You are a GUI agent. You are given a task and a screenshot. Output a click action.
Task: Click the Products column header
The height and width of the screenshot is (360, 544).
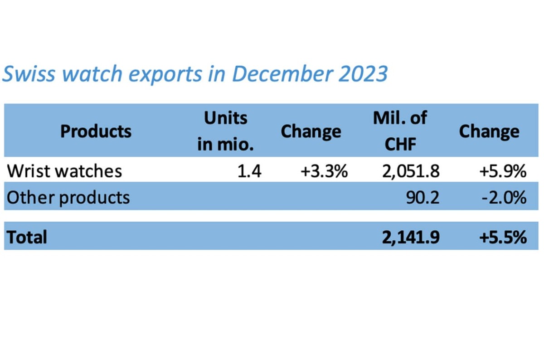(x=96, y=131)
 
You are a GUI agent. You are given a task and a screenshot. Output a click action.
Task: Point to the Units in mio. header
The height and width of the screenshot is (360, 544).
(x=225, y=131)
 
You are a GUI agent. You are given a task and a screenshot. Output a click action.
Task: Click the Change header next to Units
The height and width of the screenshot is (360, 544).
(x=311, y=131)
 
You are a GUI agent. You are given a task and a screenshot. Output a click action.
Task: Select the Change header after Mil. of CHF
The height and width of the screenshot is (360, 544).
(x=489, y=131)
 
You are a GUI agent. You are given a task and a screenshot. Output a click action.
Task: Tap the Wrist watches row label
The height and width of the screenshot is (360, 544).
(x=65, y=171)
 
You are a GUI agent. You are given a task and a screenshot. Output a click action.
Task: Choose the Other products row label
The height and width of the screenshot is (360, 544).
(x=68, y=197)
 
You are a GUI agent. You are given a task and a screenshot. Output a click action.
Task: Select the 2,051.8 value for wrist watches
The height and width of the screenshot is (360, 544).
(x=411, y=171)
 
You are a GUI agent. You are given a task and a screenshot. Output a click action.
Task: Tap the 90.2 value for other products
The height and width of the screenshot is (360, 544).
(x=423, y=197)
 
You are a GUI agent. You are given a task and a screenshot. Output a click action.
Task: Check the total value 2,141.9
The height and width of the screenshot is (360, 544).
(x=411, y=237)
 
